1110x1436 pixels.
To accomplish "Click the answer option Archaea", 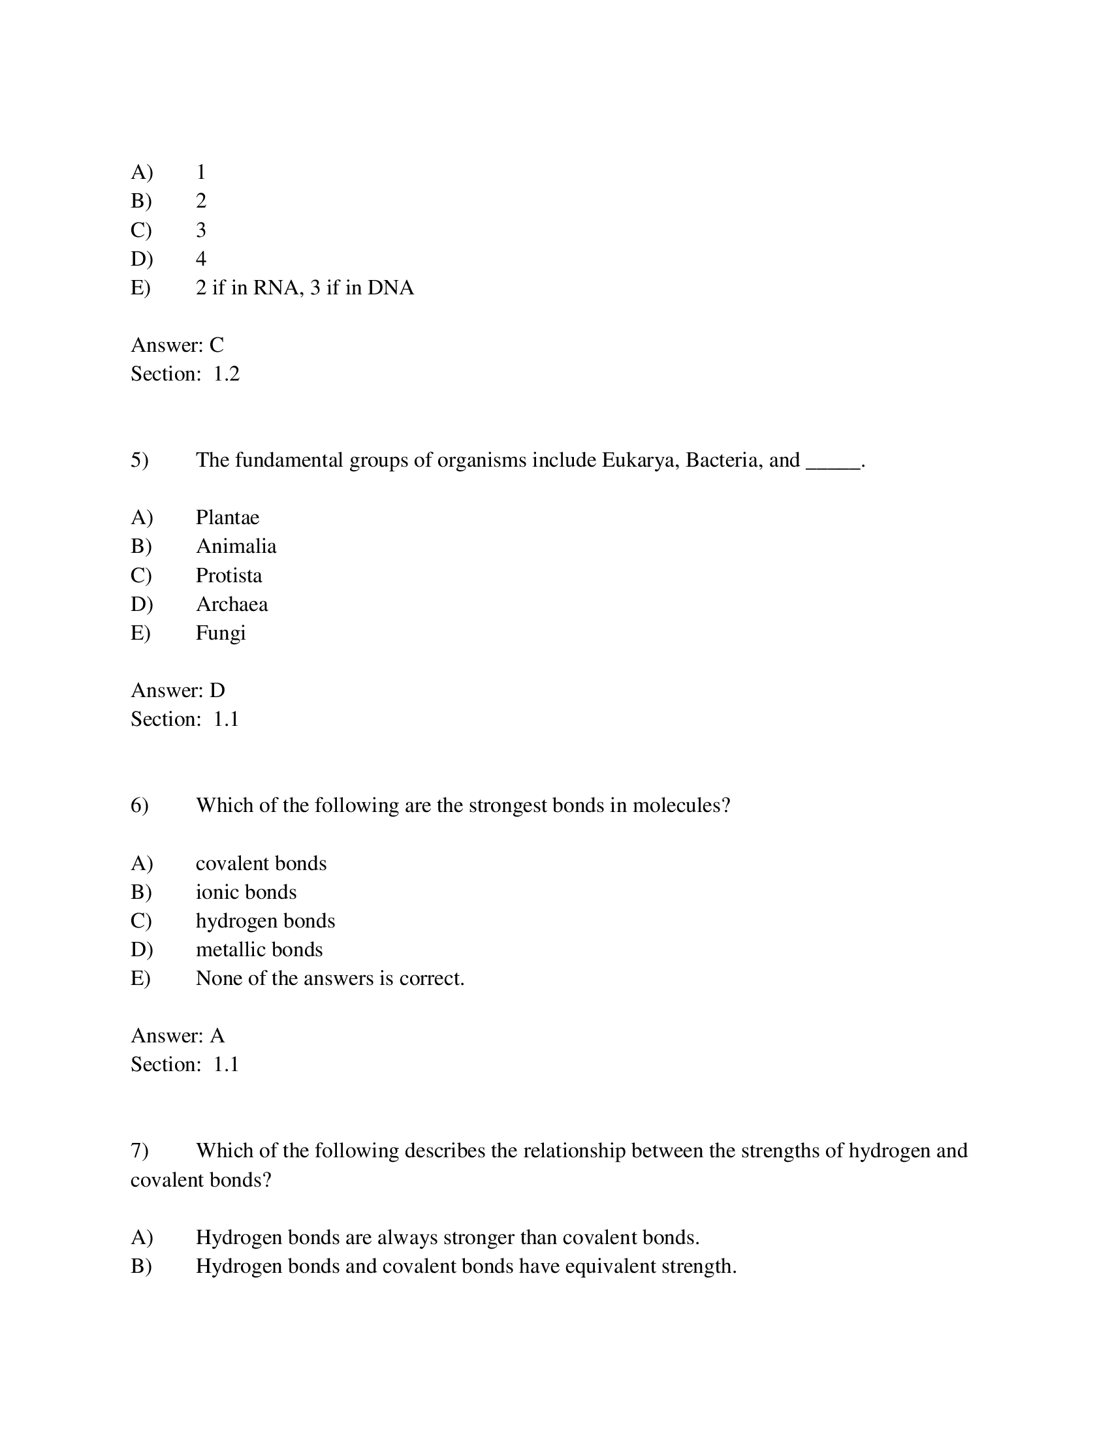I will click(x=232, y=604).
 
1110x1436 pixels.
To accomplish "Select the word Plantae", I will click(x=227, y=518).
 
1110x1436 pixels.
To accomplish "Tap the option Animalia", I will click(x=236, y=546).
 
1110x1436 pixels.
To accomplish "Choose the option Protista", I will click(x=229, y=575).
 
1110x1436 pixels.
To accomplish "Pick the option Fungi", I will click(x=220, y=633).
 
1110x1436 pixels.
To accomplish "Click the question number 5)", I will click(x=140, y=460).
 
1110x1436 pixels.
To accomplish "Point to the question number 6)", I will click(x=140, y=805).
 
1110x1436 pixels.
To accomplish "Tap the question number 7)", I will click(x=140, y=1151).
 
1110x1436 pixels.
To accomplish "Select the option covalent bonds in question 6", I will click(x=261, y=864).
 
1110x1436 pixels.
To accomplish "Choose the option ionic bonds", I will click(x=246, y=892).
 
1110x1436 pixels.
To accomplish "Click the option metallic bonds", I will click(x=259, y=950).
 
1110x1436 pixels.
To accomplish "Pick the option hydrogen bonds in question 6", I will click(x=265, y=921).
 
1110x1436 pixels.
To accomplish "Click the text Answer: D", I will click(x=178, y=691).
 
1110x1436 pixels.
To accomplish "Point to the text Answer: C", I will click(x=177, y=345).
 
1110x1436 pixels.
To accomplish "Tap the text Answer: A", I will click(x=178, y=1036).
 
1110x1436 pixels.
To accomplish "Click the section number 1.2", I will click(x=226, y=374).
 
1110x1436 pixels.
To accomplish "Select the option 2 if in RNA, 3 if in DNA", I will click(x=304, y=288).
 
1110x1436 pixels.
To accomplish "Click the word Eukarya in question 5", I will click(x=639, y=460).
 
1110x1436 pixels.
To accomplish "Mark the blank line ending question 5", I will click(x=833, y=464).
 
